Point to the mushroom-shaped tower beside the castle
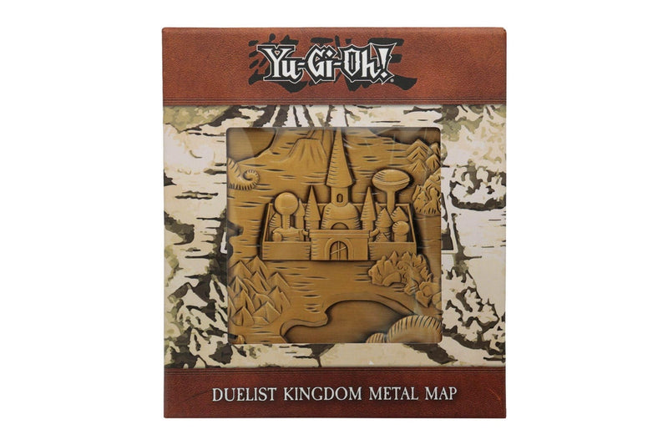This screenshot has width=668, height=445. click(390, 182)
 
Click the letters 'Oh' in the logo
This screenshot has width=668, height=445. click(357, 62)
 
